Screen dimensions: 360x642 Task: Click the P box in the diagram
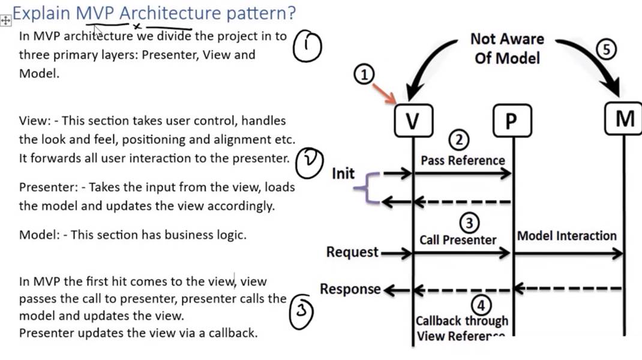[511, 121]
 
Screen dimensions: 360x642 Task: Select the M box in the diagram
[624, 119]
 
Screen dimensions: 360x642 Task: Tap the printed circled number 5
[607, 50]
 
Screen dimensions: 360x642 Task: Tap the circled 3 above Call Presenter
[469, 223]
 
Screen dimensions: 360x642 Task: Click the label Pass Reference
[463, 160]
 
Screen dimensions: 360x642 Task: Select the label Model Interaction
[566, 236]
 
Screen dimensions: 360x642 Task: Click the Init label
[343, 173]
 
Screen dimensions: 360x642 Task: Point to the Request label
[352, 253]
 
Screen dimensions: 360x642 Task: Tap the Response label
[350, 289]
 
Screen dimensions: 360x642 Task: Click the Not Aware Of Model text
[507, 49]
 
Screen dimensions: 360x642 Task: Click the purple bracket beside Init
[364, 188]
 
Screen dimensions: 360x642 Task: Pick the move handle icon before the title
[5, 20]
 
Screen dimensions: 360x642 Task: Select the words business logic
[208, 235]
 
